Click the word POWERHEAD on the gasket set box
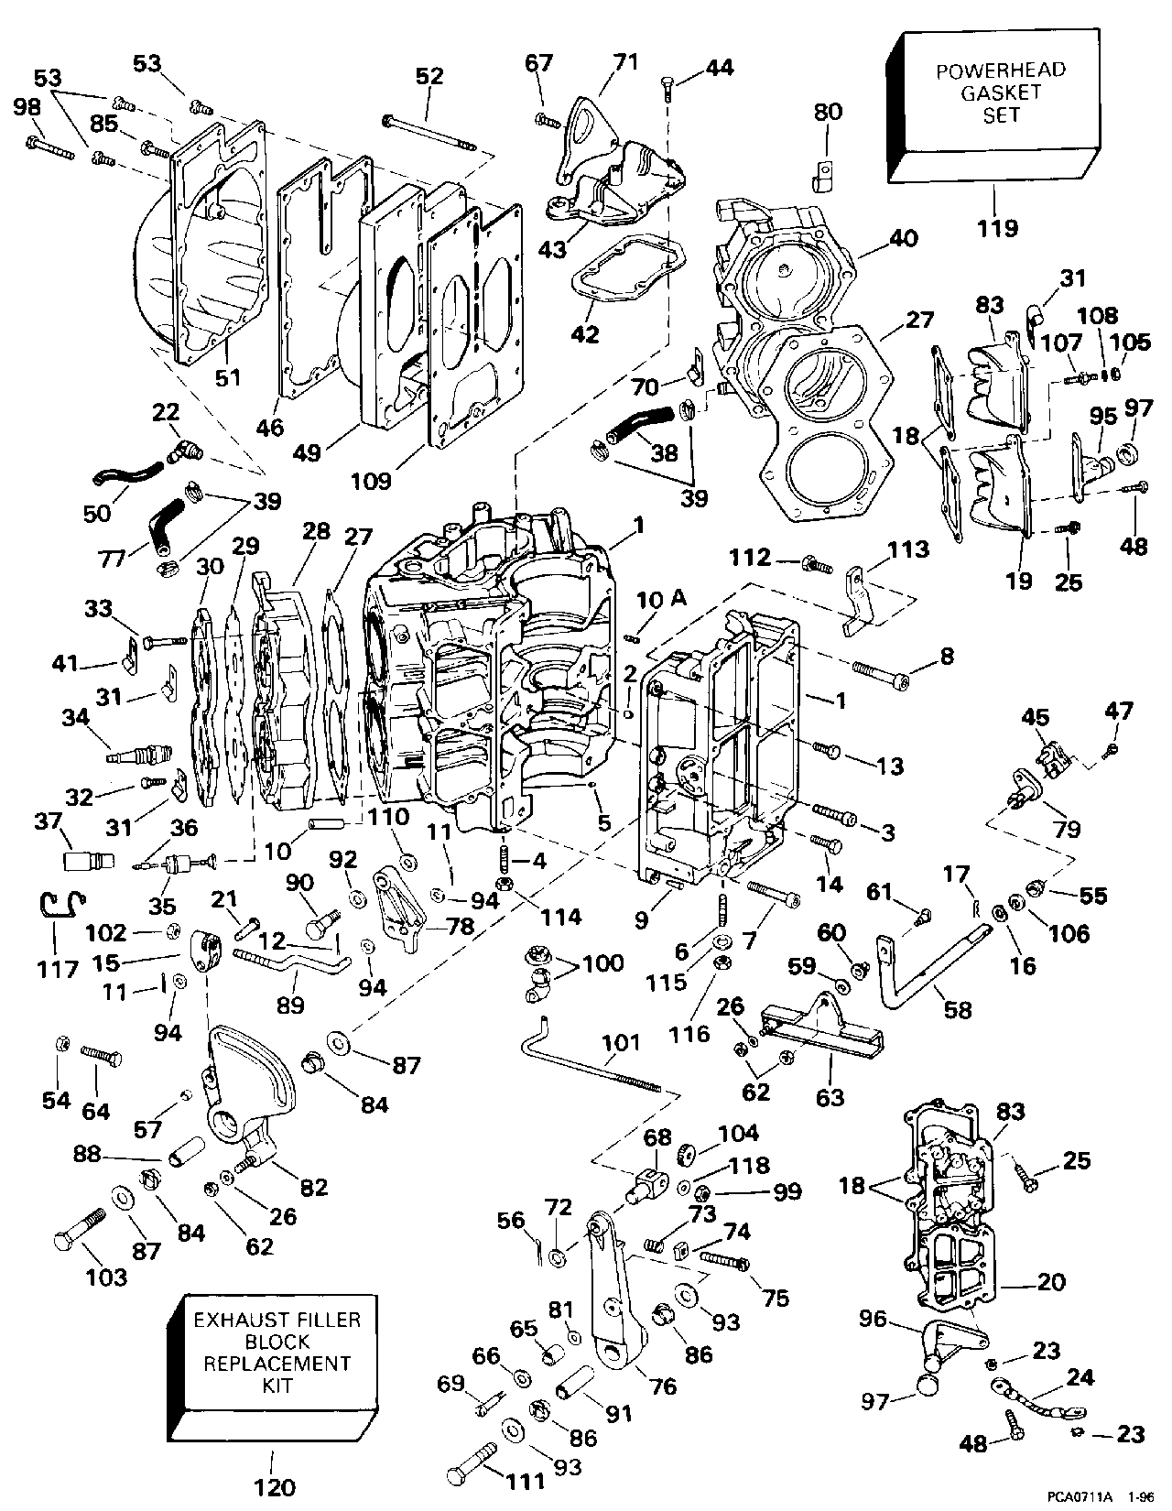[1000, 71]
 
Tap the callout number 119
[998, 227]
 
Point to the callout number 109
[371, 480]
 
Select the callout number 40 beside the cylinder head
[903, 238]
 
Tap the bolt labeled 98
[50, 147]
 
